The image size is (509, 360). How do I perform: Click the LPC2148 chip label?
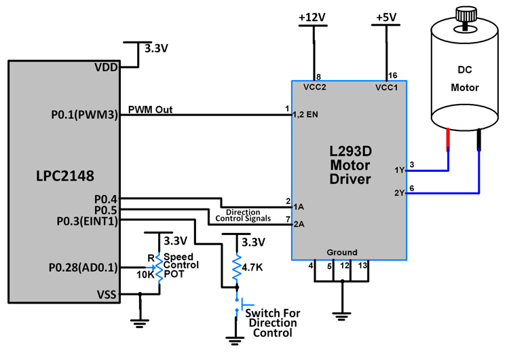point(64,176)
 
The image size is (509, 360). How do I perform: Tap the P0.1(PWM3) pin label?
point(85,115)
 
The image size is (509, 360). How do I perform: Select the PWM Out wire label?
point(150,109)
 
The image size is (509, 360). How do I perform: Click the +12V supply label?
point(313,17)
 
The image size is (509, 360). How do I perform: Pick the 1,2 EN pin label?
point(305,115)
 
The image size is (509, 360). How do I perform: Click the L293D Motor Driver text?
point(350,164)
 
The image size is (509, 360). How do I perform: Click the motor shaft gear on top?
point(466,14)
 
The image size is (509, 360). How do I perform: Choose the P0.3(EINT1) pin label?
point(87,221)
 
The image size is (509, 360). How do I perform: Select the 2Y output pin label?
point(399,193)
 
